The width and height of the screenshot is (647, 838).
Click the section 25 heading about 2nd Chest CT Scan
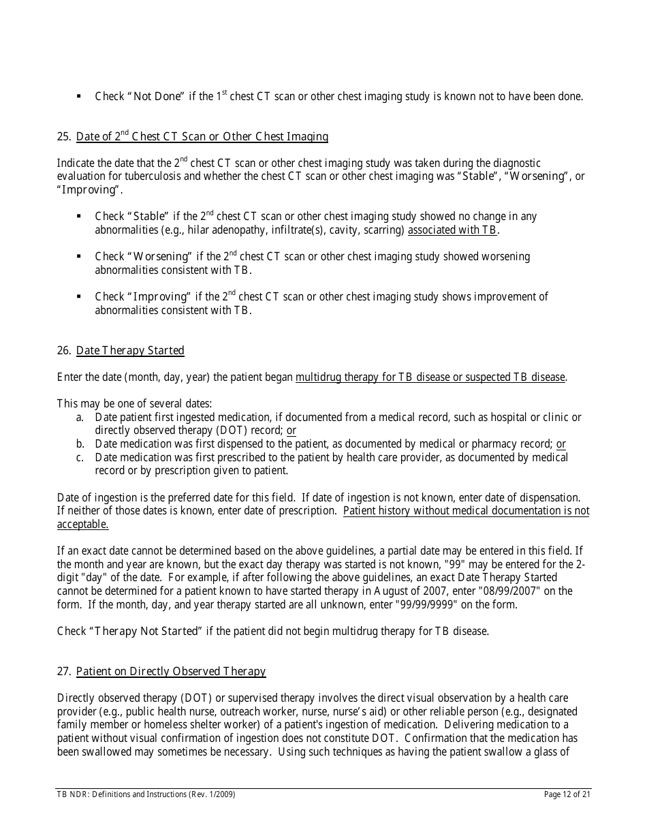tap(202, 137)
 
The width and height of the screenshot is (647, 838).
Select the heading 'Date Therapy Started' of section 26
tap(130, 351)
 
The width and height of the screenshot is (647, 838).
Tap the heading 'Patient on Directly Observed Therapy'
tap(170, 672)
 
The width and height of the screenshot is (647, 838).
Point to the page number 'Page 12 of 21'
tap(567, 794)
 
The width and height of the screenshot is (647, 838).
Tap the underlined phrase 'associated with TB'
tap(452, 230)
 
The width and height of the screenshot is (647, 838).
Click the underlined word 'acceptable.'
tap(82, 525)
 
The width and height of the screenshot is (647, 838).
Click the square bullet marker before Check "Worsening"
tap(80, 256)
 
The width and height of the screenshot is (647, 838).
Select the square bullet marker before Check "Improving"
tap(80, 296)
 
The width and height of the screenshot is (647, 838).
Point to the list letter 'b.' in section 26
tap(80, 444)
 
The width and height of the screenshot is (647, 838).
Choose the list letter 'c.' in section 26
tap(80, 458)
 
